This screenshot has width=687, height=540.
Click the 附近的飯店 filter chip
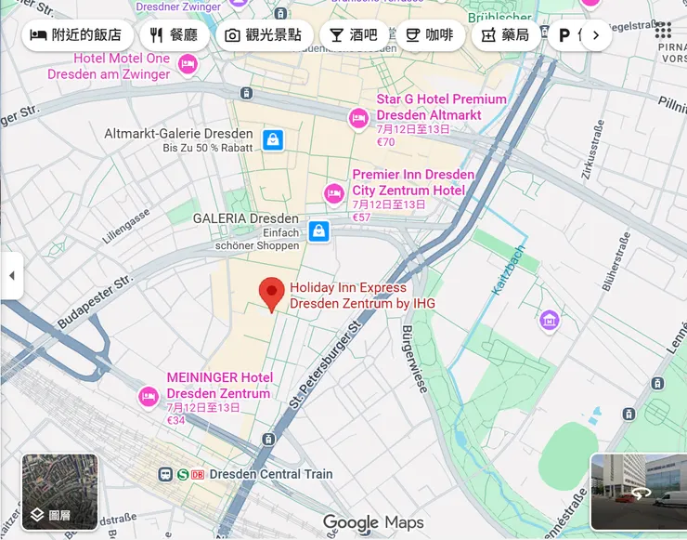click(77, 36)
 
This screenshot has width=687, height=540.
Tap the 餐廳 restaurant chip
click(175, 36)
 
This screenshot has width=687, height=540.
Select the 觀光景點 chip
click(264, 36)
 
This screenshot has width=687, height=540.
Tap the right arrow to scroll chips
click(596, 36)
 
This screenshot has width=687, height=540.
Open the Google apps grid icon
click(663, 30)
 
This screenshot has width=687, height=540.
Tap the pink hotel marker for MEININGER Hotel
click(148, 397)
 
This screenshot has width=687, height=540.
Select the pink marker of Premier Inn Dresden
click(334, 193)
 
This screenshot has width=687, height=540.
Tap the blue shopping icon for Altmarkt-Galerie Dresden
click(272, 140)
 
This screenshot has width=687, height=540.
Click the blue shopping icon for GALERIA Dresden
click(318, 230)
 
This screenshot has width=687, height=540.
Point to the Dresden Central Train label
click(270, 474)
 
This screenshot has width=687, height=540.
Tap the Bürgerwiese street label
click(414, 357)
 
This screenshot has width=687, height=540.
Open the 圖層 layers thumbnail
click(59, 491)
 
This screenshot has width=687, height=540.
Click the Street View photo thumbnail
click(639, 492)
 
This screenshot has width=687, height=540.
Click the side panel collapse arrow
click(11, 276)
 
